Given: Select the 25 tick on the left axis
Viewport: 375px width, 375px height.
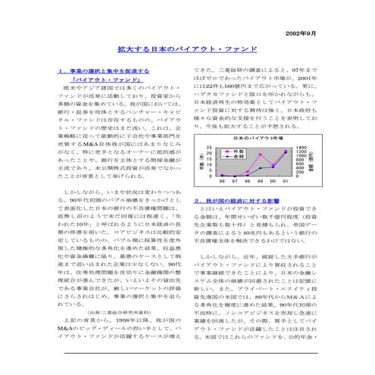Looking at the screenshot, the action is [x=208, y=148].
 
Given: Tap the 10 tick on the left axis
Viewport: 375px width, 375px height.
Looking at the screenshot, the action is [x=208, y=166].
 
